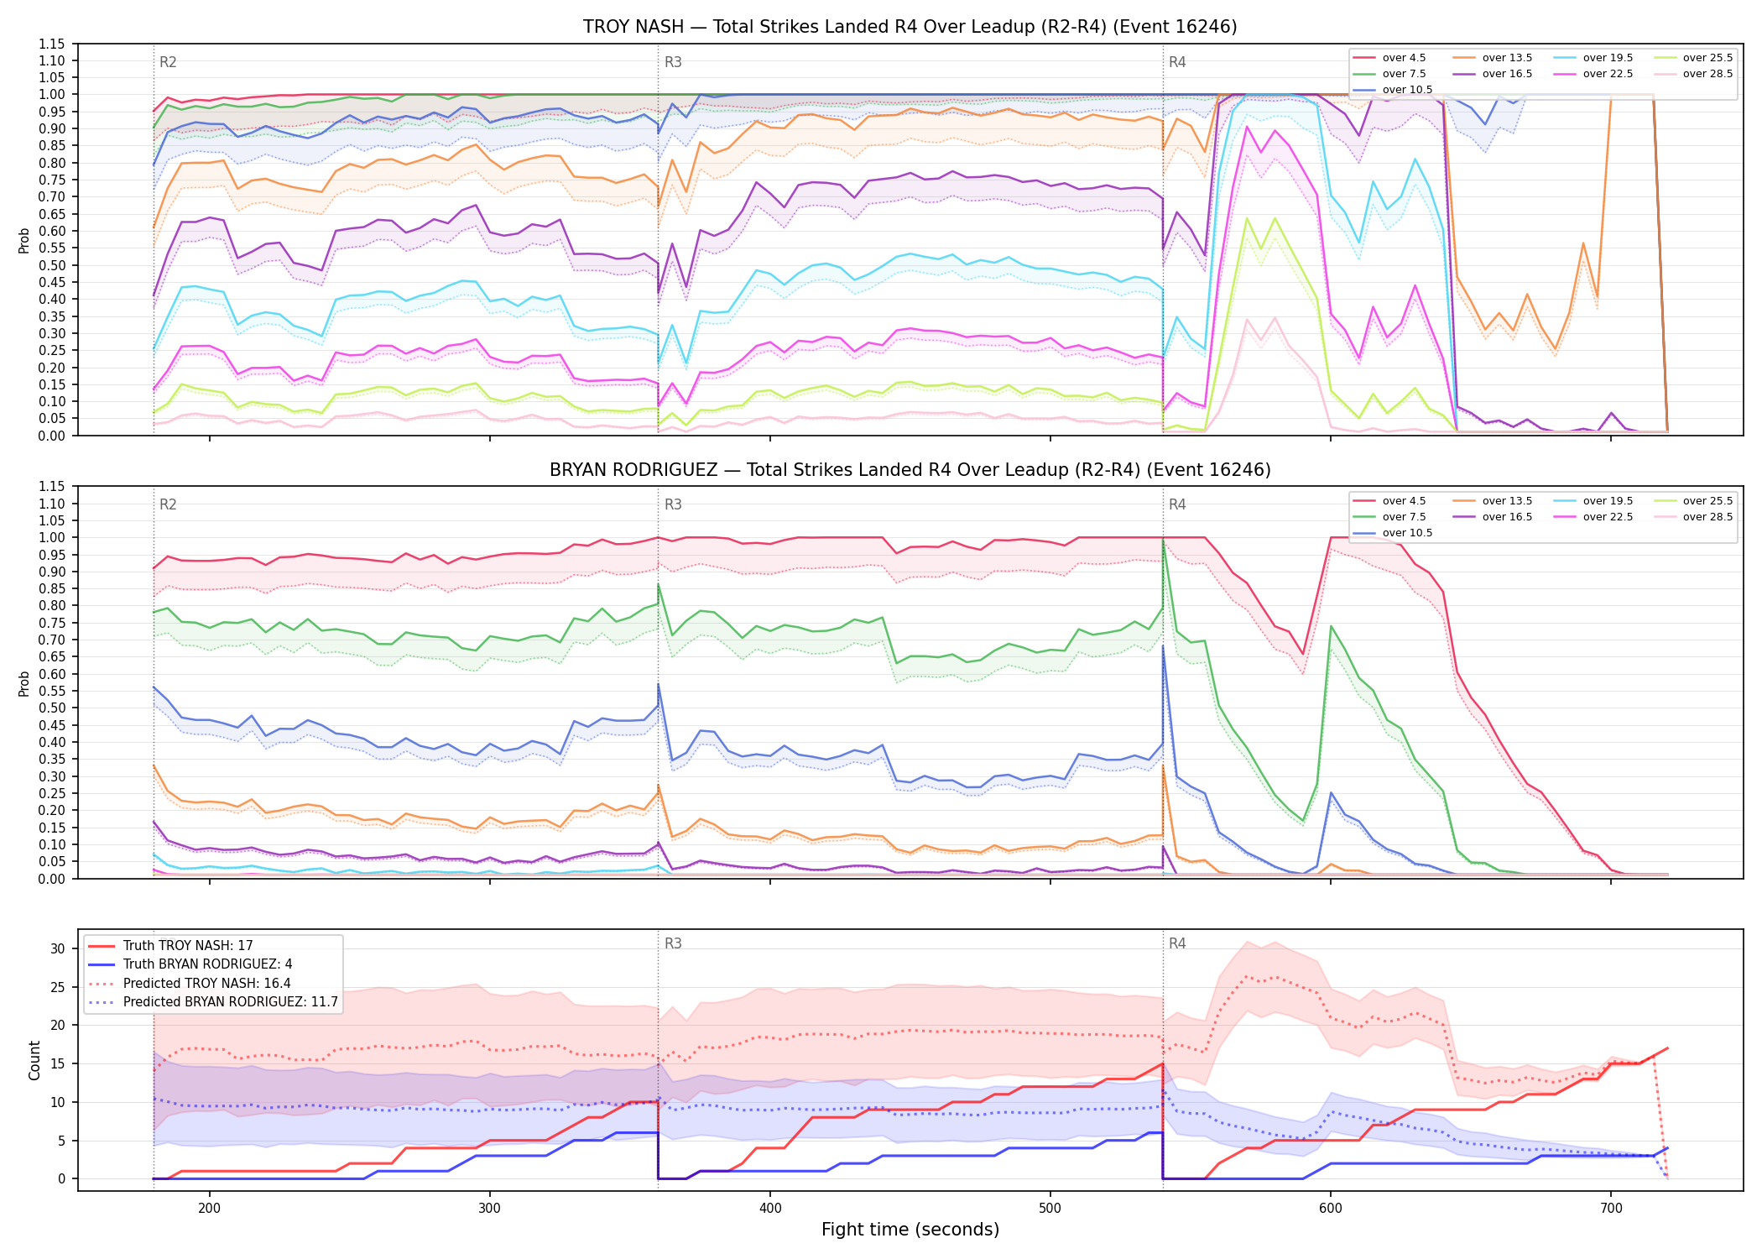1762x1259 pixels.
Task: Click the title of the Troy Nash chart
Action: [x=910, y=27]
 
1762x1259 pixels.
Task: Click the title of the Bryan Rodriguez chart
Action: [x=910, y=470]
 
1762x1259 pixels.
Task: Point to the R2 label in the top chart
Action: [x=168, y=62]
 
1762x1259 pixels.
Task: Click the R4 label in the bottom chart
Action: [x=1177, y=943]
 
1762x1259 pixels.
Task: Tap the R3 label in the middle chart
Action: [x=673, y=504]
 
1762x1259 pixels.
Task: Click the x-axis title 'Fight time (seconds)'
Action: [x=910, y=1230]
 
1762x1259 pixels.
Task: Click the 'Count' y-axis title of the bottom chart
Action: [x=34, y=1060]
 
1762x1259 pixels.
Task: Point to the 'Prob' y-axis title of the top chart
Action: [x=24, y=240]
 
